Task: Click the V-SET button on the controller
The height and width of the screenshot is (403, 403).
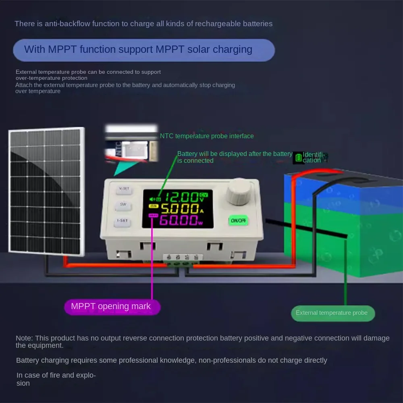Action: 123,189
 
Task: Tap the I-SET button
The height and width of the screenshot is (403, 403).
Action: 123,221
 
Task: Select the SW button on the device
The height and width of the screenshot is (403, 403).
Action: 123,205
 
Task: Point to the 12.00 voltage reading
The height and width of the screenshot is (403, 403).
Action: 181,197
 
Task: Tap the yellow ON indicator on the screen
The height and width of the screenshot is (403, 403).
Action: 154,206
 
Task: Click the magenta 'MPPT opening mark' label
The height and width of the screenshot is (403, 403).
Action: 112,307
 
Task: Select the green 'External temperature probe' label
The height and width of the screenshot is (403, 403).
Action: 332,313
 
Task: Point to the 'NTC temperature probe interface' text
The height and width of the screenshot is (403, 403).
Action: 207,136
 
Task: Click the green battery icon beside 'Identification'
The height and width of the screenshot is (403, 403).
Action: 299,157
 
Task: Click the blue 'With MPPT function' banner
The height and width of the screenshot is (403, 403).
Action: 143,50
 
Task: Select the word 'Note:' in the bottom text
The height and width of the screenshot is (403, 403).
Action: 25,338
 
